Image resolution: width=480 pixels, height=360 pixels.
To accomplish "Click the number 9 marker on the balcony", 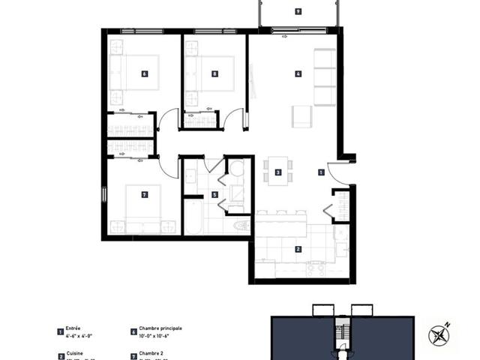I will (x=298, y=11).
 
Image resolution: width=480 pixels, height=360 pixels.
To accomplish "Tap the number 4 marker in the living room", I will (x=298, y=73).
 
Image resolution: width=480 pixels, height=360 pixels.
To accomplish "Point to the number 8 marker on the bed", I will (x=214, y=73).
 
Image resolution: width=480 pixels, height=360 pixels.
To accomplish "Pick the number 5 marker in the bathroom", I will (x=214, y=195).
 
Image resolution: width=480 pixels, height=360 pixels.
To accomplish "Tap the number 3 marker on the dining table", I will (x=278, y=172).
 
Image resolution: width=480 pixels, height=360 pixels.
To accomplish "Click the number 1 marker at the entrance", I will (x=321, y=172).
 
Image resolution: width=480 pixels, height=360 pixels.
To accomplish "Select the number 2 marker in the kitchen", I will (x=298, y=249).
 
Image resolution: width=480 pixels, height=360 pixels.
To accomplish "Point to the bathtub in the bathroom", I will (x=193, y=217).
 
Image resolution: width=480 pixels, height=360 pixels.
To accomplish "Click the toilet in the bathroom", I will (x=242, y=225).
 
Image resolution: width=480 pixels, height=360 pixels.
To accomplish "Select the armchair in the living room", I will (x=301, y=116).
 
